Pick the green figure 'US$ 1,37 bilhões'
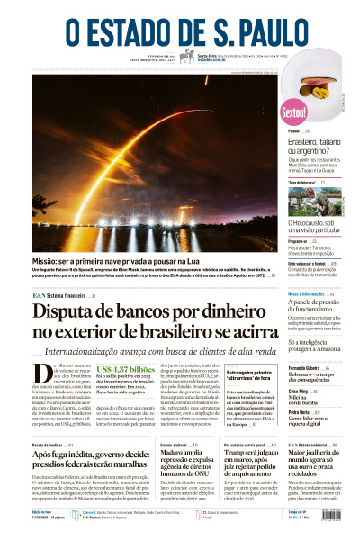(125, 369)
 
